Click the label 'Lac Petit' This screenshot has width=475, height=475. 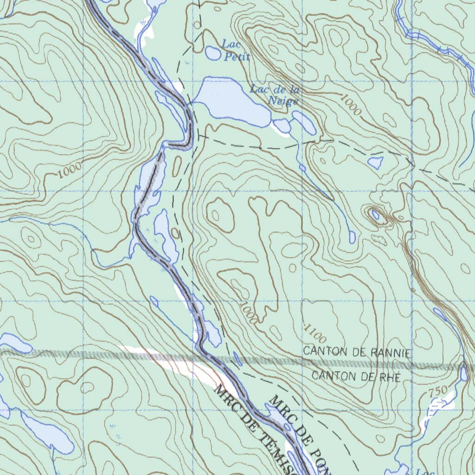[x=236, y=51]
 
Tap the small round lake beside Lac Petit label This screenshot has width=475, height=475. [x=213, y=53]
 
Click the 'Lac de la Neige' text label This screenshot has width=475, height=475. [x=274, y=95]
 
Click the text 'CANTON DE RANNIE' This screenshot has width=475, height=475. [x=356, y=352]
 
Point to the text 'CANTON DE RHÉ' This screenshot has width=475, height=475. [x=356, y=376]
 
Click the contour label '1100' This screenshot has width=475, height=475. [x=315, y=332]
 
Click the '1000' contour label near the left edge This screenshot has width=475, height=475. [x=70, y=170]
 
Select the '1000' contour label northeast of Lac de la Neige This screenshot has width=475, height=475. [x=350, y=105]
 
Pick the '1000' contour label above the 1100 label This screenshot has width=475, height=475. [x=249, y=313]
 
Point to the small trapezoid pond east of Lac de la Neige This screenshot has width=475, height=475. [x=375, y=163]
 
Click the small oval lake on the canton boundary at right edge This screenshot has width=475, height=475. [x=463, y=372]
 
